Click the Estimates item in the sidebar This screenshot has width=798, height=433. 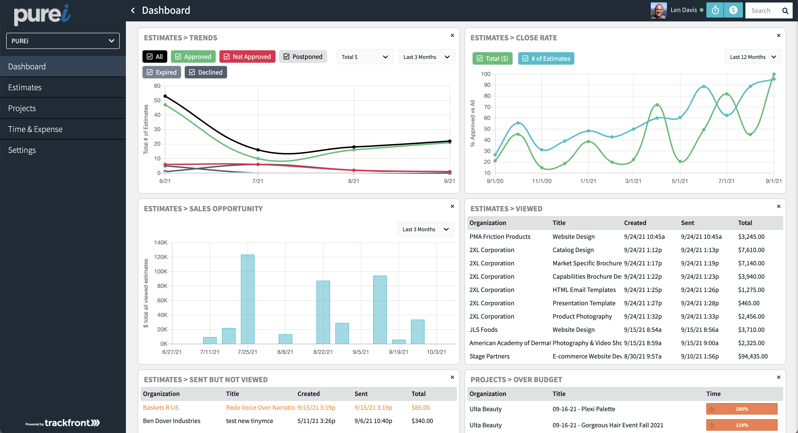coord(25,87)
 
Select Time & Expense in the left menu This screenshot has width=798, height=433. coord(35,129)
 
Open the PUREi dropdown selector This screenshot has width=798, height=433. coord(63,41)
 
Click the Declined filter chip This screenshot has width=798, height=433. coord(206,72)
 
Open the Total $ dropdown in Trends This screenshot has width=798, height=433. coord(364,57)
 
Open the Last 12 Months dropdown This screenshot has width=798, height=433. coord(752,57)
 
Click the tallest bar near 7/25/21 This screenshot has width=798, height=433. coord(247,299)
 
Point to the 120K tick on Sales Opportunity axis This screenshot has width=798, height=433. coord(161,257)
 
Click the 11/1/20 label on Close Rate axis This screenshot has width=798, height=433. coord(541,181)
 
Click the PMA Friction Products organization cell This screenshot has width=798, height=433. coord(500,237)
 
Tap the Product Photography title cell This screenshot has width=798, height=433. coord(582,316)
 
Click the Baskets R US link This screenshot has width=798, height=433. coord(161,408)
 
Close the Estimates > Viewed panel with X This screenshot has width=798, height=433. coord(779,207)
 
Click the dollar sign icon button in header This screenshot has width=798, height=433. coord(733,10)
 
